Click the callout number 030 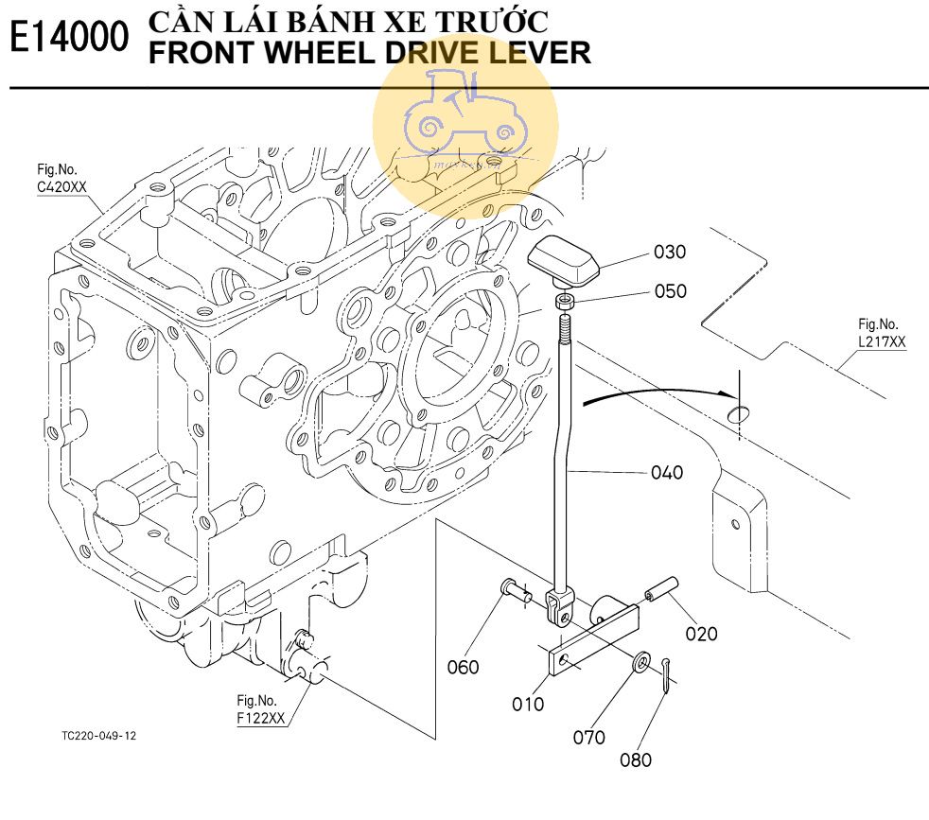(670, 252)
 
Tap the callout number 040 (667, 472)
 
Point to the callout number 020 (701, 634)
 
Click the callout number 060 (464, 667)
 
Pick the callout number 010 (528, 704)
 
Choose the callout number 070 (588, 737)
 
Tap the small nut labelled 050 (563, 302)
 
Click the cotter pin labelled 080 (670, 676)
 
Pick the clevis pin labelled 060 (516, 593)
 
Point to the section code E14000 (68, 40)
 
